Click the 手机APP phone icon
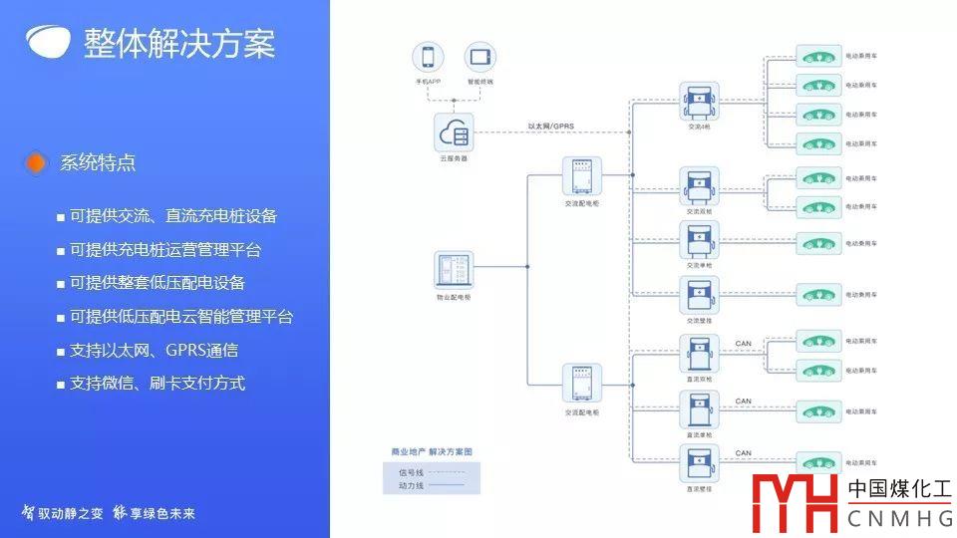coord(428,58)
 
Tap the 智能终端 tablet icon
coord(479,58)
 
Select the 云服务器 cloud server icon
coord(454,132)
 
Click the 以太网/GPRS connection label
coord(550,126)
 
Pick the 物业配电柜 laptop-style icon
coord(454,269)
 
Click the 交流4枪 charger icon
coord(699,102)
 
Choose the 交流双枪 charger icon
coord(699,186)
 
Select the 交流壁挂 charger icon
coord(699,296)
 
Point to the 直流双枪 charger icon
coord(699,354)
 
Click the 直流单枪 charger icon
coord(699,409)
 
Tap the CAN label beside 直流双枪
coord(743,344)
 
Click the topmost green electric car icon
coord(817,58)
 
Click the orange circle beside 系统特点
coord(36,162)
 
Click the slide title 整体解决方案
coord(179,44)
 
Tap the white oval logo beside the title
coord(49,41)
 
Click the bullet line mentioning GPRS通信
coord(154,350)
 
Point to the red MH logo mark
coord(795,503)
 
